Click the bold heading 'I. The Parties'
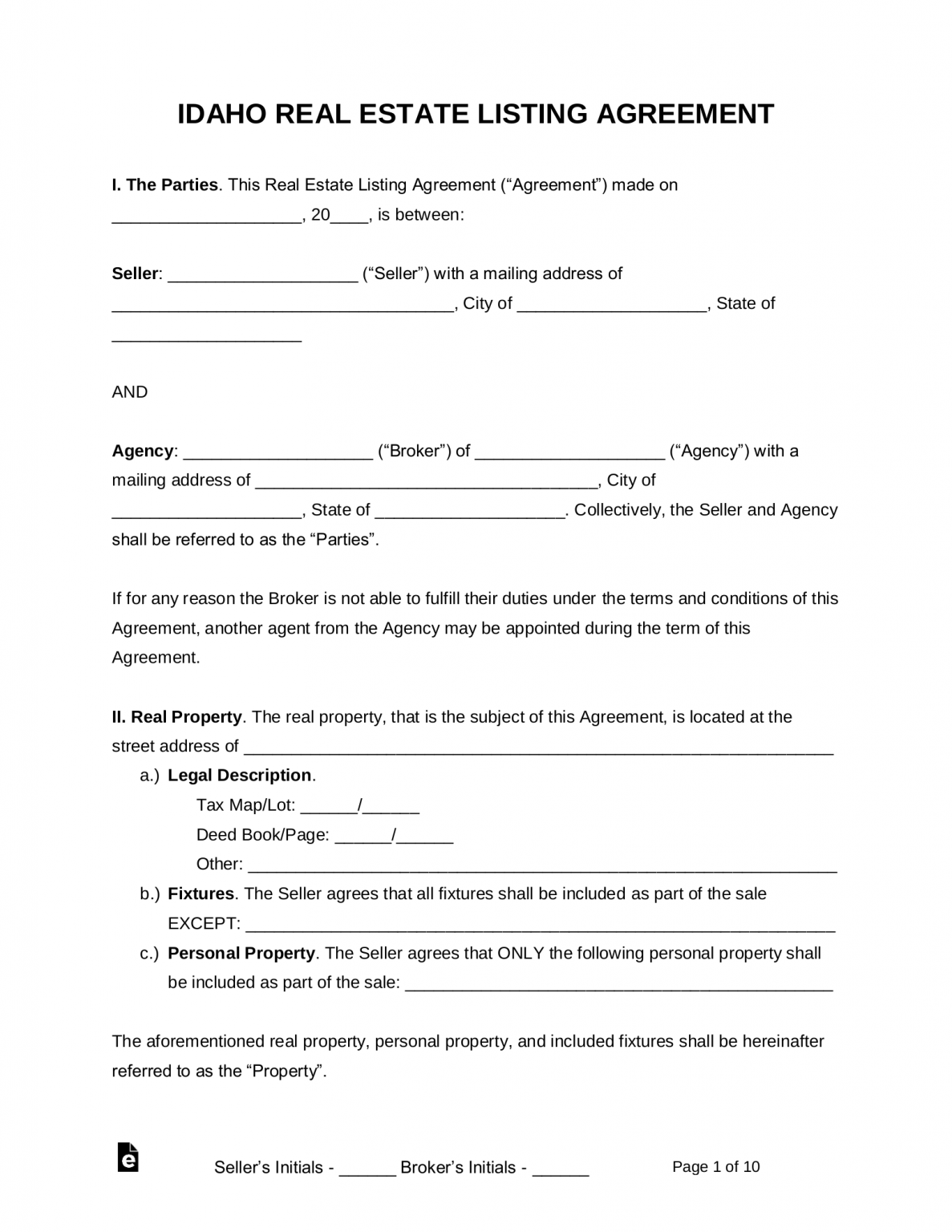[x=164, y=185]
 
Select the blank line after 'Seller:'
[x=263, y=275]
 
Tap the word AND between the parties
[x=130, y=392]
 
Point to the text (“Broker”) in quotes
[x=415, y=451]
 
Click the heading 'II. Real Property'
[x=176, y=717]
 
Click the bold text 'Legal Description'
[x=239, y=776]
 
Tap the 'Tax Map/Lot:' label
[x=245, y=805]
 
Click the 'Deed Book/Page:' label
[x=262, y=835]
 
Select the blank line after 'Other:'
[x=542, y=866]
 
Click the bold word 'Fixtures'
[x=201, y=894]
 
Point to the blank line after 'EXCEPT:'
[x=540, y=926]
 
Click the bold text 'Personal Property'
[x=241, y=953]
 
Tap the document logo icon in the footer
[x=128, y=1157]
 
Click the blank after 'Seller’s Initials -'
[x=367, y=1169]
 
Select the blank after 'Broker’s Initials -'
[x=561, y=1169]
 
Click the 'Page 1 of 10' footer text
[x=715, y=1167]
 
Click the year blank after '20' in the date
[x=349, y=217]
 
